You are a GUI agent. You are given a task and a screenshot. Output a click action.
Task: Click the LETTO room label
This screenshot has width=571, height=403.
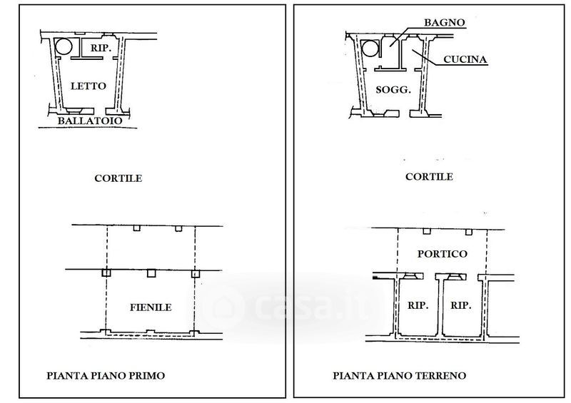[x=89, y=86]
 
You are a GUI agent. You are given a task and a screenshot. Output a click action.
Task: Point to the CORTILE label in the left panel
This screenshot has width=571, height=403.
[x=118, y=178]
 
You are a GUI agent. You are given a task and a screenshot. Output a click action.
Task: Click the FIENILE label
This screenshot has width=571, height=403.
[x=150, y=307]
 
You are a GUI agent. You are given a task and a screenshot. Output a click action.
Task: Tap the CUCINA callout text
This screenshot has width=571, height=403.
[x=465, y=60]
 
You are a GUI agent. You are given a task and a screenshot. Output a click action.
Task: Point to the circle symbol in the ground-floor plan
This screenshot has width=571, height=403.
[x=370, y=49]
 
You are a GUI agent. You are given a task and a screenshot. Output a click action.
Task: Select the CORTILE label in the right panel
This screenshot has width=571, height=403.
[x=428, y=177]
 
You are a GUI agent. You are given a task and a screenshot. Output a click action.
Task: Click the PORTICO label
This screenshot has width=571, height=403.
[x=441, y=254]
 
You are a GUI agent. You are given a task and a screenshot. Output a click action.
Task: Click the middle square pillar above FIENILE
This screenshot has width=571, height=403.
[x=151, y=272]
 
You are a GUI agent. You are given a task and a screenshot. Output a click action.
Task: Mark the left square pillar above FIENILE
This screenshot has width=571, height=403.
[x=106, y=272]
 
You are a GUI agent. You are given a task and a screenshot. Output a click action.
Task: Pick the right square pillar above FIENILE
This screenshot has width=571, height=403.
[x=194, y=272]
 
